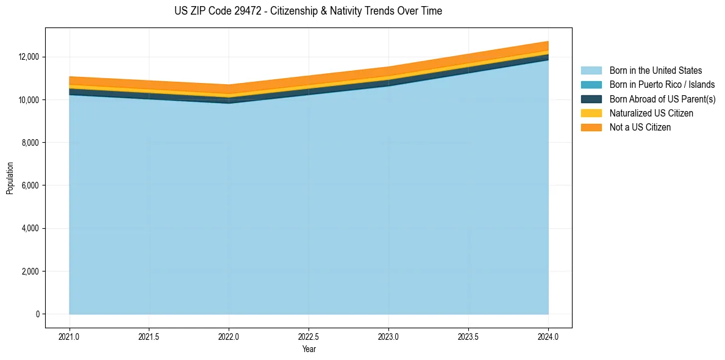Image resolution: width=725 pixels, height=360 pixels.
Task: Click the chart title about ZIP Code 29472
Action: [308, 11]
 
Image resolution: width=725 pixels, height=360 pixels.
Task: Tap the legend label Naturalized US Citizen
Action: [651, 113]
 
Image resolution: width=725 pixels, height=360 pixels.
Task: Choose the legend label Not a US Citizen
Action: [640, 127]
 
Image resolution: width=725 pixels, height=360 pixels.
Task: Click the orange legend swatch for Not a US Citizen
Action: [591, 127]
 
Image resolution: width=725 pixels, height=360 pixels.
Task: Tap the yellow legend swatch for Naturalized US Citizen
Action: [591, 113]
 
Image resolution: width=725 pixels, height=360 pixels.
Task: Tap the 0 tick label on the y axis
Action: [37, 314]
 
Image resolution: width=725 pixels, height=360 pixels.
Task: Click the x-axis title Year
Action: [309, 349]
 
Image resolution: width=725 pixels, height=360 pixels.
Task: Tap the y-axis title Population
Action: [10, 178]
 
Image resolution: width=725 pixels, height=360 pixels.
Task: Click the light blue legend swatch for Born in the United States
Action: [591, 71]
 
